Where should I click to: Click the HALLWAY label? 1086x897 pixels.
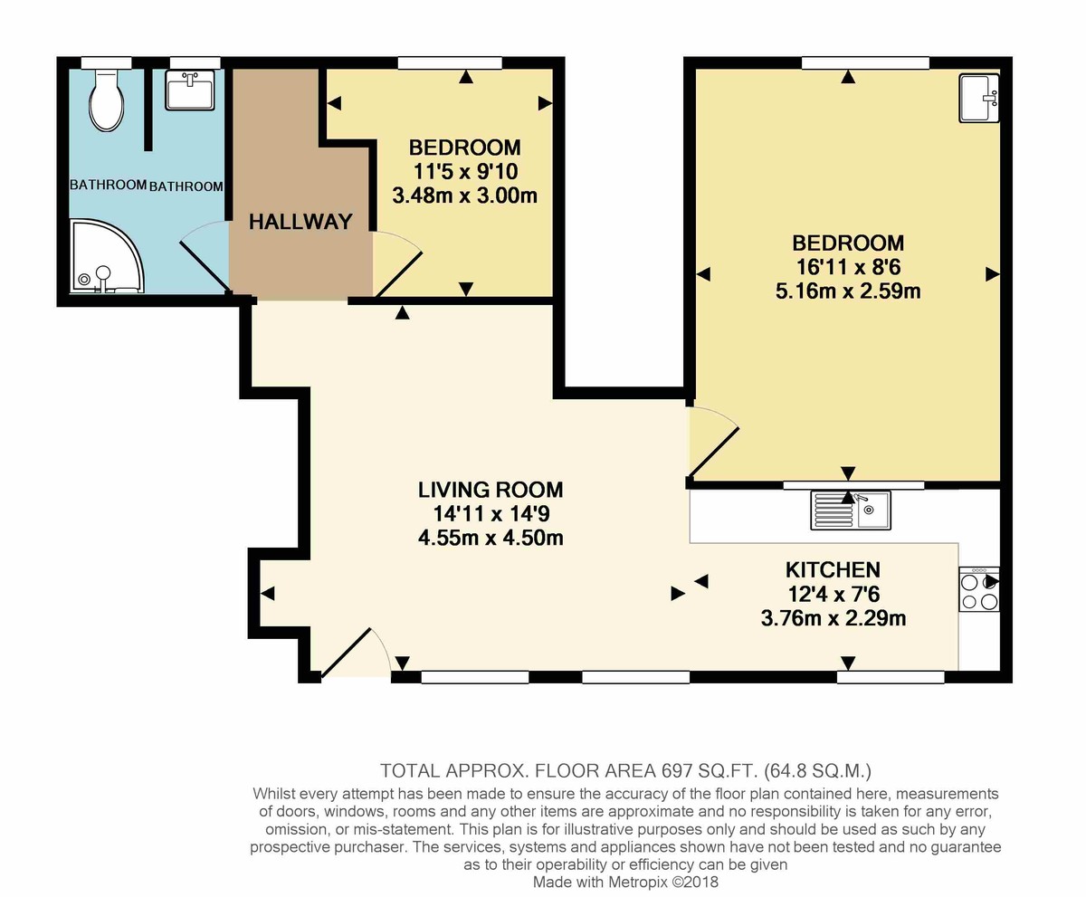(x=300, y=222)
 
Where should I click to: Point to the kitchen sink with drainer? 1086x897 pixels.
(x=851, y=510)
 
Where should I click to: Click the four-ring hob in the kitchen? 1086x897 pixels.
(x=978, y=591)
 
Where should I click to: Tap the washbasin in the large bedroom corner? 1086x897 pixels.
(x=980, y=98)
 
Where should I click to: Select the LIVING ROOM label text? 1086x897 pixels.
(x=491, y=491)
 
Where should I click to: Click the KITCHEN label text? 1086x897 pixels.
(x=833, y=570)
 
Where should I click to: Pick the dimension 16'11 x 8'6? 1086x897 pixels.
(x=848, y=267)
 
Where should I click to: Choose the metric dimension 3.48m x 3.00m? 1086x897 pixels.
(x=465, y=195)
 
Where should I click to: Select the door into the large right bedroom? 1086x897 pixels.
(x=713, y=443)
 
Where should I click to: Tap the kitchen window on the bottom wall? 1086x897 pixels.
(x=891, y=676)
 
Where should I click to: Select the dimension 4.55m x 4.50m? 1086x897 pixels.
(x=491, y=538)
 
